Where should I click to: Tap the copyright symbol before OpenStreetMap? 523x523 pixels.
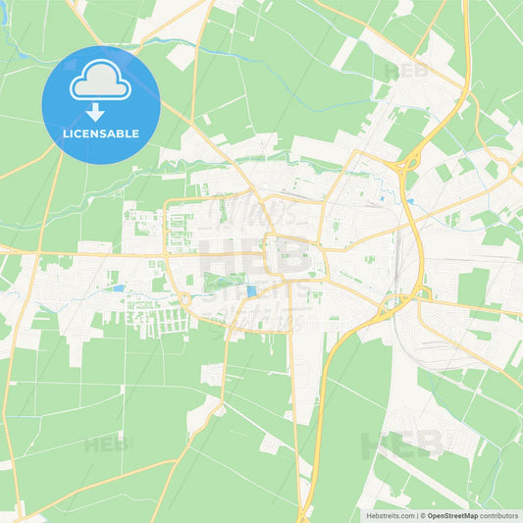tap(422, 515)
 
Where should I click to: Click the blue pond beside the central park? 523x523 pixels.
tap(252, 290)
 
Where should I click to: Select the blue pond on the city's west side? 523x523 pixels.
tap(119, 288)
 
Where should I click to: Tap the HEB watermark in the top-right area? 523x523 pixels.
tap(405, 72)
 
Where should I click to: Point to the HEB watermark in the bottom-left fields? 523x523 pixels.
tap(106, 445)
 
